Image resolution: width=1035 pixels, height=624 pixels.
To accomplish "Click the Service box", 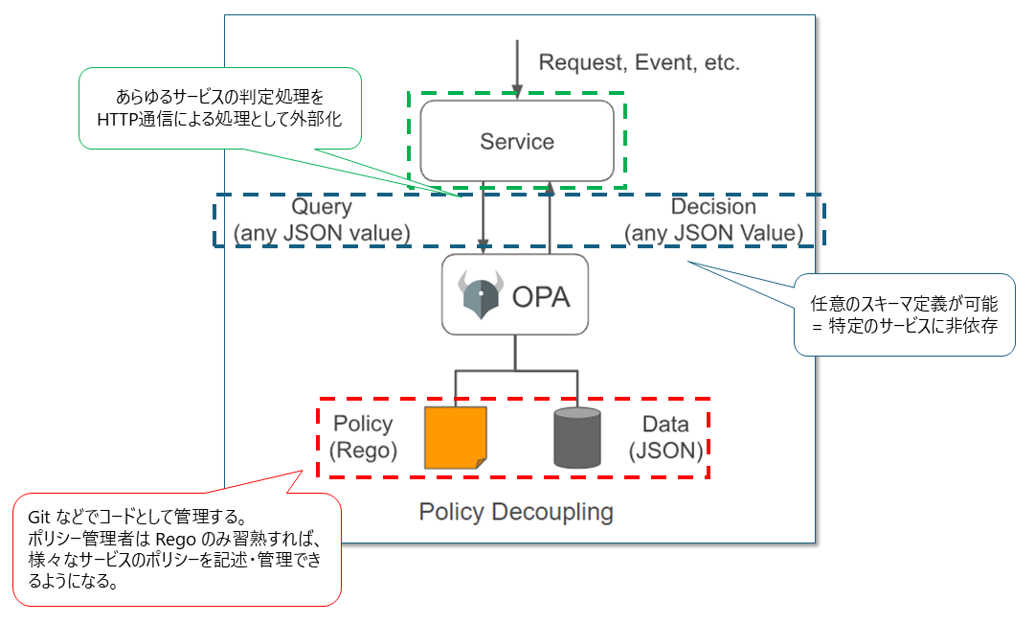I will pyautogui.click(x=517, y=141).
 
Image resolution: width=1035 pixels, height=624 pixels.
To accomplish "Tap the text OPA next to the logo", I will pyautogui.click(x=541, y=296).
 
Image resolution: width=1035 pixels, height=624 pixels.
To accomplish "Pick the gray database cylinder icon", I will pyautogui.click(x=576, y=438).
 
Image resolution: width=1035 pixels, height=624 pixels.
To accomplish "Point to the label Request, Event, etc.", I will pyautogui.click(x=640, y=63).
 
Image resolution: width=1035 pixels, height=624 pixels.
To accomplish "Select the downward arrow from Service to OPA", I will pyautogui.click(x=486, y=217).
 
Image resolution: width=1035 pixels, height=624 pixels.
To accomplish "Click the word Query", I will pyautogui.click(x=322, y=207).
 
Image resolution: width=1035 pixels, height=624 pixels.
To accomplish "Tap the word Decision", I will pyautogui.click(x=713, y=207).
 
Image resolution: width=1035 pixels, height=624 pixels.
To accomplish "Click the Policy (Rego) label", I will pyautogui.click(x=364, y=437).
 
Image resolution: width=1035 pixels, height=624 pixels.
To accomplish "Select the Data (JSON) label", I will pyautogui.click(x=665, y=437).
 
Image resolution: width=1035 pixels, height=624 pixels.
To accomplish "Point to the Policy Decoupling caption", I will pyautogui.click(x=516, y=512).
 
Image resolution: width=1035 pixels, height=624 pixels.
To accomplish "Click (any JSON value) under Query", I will pyautogui.click(x=322, y=233).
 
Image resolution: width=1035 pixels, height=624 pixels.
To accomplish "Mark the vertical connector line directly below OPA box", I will pyautogui.click(x=516, y=352).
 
